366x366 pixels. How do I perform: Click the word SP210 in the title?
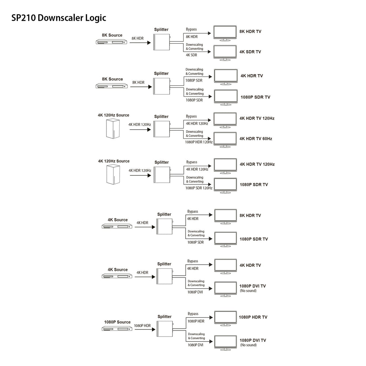click(x=23, y=18)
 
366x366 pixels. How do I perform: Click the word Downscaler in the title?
click(x=60, y=18)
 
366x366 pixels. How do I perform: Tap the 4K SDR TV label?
click(x=250, y=52)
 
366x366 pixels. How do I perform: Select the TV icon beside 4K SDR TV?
click(x=225, y=53)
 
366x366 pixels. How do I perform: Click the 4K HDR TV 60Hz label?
click(x=256, y=139)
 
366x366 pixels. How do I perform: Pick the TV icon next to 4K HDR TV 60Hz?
click(x=225, y=140)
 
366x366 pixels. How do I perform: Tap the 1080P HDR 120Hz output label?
click(x=199, y=142)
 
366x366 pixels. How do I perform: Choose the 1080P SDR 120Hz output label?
click(x=199, y=188)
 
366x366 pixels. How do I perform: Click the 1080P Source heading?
click(x=117, y=322)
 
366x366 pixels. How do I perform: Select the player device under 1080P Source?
click(x=117, y=329)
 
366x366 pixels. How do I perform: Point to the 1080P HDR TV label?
click(x=253, y=317)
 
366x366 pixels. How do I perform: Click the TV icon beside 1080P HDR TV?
click(x=225, y=318)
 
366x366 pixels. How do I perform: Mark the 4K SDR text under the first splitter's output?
click(x=191, y=55)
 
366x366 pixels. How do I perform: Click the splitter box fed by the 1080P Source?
click(x=165, y=329)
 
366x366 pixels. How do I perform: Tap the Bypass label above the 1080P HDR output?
click(x=193, y=314)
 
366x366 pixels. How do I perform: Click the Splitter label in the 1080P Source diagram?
click(x=165, y=317)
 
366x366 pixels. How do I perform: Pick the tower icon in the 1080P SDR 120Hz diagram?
click(x=113, y=174)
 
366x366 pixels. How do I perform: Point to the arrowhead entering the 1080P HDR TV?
click(x=211, y=317)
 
